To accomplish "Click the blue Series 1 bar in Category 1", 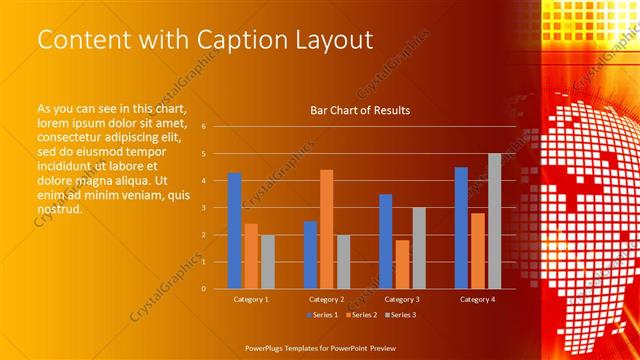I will pyautogui.click(x=234, y=231).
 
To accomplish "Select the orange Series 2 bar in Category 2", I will pyautogui.click(x=326, y=229).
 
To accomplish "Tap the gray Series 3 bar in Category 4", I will pyautogui.click(x=494, y=221).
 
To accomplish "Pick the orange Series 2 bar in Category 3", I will pyautogui.click(x=402, y=264).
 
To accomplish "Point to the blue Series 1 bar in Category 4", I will pyautogui.click(x=461, y=228).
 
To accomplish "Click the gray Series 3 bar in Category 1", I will pyautogui.click(x=267, y=262).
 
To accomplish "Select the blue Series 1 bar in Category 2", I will pyautogui.click(x=310, y=255).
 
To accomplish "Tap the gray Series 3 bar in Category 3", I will pyautogui.click(x=419, y=248).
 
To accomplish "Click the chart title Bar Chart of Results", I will pyautogui.click(x=360, y=110).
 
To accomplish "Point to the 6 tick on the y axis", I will pyautogui.click(x=203, y=127).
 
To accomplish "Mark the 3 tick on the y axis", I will pyautogui.click(x=203, y=208).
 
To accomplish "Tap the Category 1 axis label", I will pyautogui.click(x=250, y=299).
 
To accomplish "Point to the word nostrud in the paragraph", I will pyautogui.click(x=59, y=210).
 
